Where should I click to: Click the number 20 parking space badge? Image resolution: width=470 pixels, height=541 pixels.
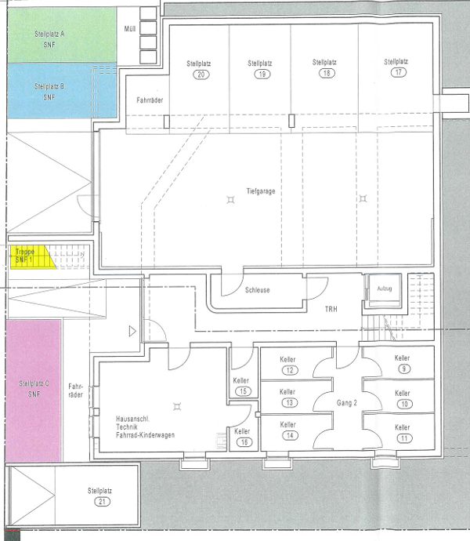click(201, 74)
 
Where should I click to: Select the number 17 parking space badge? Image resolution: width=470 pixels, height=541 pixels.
click(399, 72)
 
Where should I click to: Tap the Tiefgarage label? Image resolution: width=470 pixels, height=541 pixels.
click(261, 191)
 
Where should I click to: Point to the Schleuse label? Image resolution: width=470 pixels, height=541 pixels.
click(257, 290)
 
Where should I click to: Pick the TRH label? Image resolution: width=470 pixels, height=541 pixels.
click(331, 309)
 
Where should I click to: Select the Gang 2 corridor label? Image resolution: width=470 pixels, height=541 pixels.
click(346, 403)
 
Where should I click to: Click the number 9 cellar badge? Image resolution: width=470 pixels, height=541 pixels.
click(404, 369)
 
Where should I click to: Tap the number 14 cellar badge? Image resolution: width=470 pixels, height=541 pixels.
click(290, 435)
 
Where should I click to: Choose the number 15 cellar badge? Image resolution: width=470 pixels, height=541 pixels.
click(243, 391)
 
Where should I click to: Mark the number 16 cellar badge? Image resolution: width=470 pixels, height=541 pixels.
click(244, 442)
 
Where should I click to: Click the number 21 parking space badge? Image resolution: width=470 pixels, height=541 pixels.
click(102, 501)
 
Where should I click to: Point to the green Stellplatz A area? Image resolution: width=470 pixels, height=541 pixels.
click(62, 35)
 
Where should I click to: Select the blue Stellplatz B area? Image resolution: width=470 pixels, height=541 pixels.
click(62, 91)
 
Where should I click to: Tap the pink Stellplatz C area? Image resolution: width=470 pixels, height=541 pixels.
click(34, 390)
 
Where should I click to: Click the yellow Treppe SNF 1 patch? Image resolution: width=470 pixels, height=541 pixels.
click(31, 256)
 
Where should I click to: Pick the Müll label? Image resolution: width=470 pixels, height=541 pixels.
click(130, 29)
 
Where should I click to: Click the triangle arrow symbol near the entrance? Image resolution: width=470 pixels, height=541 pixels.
click(132, 331)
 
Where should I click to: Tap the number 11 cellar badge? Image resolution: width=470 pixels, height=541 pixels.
click(404, 438)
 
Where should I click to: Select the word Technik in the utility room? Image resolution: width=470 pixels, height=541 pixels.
click(127, 427)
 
